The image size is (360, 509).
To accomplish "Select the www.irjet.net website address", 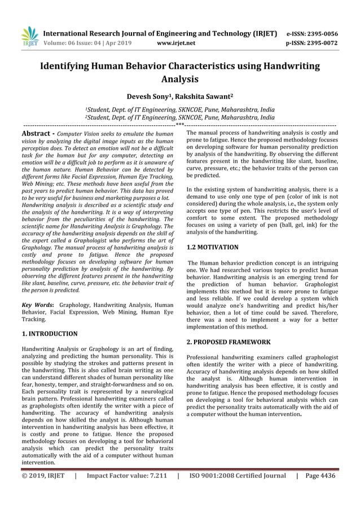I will click(x=177, y=42).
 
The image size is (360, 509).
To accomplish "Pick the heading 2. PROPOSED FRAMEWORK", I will click(x=229, y=342).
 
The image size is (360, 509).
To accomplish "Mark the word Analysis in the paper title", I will click(x=179, y=79).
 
